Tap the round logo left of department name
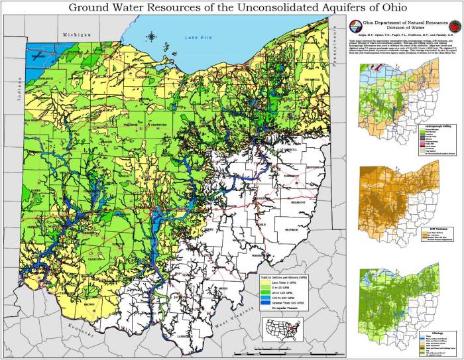click(x=355, y=28)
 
